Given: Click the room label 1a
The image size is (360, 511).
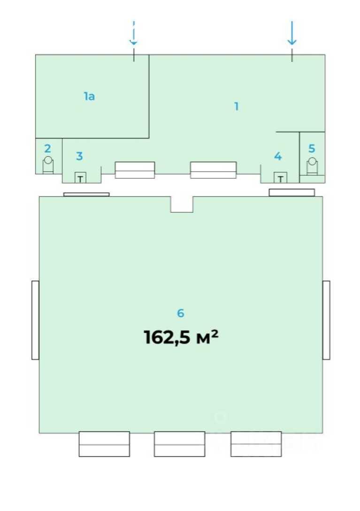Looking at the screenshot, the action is tap(89, 97).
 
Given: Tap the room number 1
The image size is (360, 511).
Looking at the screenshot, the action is tap(237, 106).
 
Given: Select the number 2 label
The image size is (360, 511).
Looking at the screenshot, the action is tap(47, 149).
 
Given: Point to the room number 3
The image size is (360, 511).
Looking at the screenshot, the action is tap(79, 156).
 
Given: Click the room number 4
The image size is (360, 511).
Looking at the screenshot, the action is tap(278, 156).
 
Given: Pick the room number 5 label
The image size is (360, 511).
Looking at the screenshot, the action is tap(312, 149).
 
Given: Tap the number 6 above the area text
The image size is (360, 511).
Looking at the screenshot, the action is tap(180, 313).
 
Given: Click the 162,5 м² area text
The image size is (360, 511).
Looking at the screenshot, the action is tap(181, 337).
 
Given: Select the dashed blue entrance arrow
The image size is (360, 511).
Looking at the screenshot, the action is tap(133, 32).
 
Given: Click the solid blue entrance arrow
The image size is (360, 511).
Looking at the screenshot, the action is tap(292, 33).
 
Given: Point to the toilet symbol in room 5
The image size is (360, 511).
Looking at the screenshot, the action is tap(313, 166).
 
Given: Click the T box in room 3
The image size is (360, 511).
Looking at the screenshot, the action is tap(81, 178).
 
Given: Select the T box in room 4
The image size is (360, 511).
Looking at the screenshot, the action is tap(280, 178).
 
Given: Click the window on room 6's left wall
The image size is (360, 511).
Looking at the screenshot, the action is tap(36, 320).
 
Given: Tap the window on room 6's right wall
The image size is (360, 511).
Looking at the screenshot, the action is tap(326, 320).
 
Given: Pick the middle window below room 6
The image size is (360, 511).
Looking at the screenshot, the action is tap(179, 444).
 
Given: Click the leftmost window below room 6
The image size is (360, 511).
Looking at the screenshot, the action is tap(104, 444).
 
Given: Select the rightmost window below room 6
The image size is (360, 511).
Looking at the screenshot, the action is tap(256, 444).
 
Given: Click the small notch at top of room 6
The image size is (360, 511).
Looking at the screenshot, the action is tap(182, 204).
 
